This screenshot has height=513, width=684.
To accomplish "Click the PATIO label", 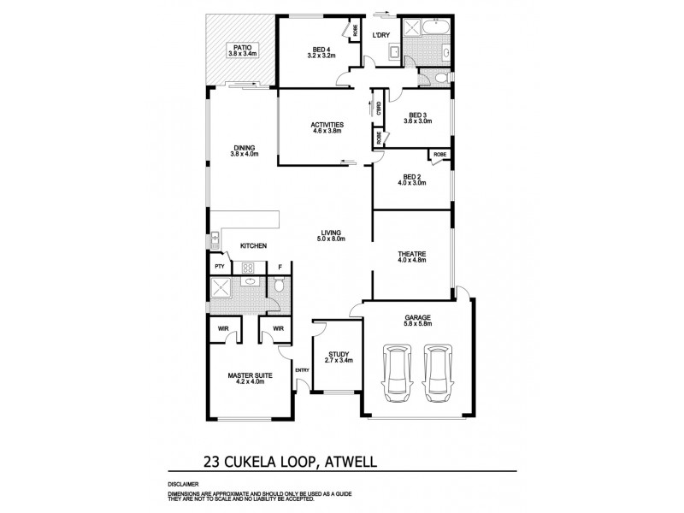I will coord(243,50).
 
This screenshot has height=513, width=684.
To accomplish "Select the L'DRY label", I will coord(381,35).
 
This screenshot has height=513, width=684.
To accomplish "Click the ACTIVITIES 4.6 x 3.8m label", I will coord(327,127).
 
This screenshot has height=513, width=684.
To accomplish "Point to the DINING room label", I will coord(245,150).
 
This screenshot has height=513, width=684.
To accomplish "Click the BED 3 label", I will coord(418,118).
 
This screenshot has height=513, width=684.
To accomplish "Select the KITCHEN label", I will coord(253,246).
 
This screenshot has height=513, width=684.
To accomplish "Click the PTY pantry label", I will coord(220,267).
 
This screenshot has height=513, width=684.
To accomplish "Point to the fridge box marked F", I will coord(280,267).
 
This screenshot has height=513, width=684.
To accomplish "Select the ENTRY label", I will coord(302,369).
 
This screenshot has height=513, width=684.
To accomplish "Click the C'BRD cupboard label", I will coord(377,109).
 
